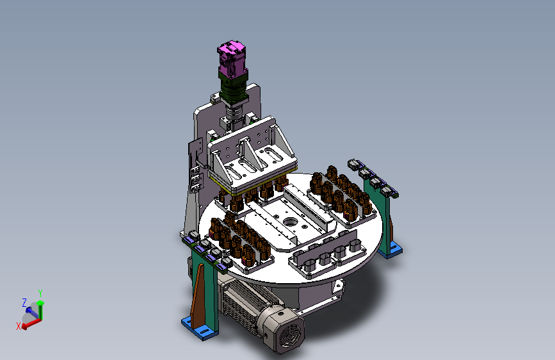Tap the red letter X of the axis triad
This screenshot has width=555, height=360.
[x=19, y=326]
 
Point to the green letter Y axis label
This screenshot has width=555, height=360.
[x=40, y=293]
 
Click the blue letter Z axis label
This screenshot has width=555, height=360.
[x=24, y=302]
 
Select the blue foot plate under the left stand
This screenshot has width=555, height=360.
[x=200, y=328]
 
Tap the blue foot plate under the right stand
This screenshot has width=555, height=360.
[x=390, y=249]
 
